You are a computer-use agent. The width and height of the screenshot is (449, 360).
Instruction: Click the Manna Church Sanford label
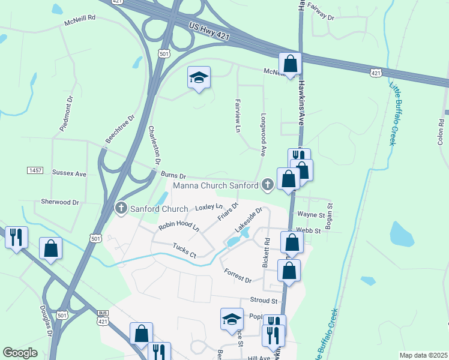point(216,185)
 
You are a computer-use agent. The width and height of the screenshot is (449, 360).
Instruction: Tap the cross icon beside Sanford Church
point(121,209)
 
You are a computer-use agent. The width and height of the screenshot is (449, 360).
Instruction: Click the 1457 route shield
point(35,171)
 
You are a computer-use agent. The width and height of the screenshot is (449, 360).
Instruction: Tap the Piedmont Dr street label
point(66,112)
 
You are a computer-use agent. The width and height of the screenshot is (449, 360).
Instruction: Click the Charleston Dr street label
point(155,145)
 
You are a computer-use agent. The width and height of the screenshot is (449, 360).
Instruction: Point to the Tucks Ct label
point(184,250)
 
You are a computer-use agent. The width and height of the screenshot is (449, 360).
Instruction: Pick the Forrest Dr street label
point(237,275)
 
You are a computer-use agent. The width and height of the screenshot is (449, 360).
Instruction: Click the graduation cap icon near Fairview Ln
point(199,77)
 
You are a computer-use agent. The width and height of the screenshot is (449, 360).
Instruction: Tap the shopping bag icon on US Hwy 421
point(290,63)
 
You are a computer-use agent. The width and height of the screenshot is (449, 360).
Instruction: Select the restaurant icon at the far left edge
point(16,236)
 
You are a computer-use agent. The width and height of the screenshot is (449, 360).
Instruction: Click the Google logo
point(20,353)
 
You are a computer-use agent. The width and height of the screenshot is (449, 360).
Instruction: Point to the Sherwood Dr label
point(60,202)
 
